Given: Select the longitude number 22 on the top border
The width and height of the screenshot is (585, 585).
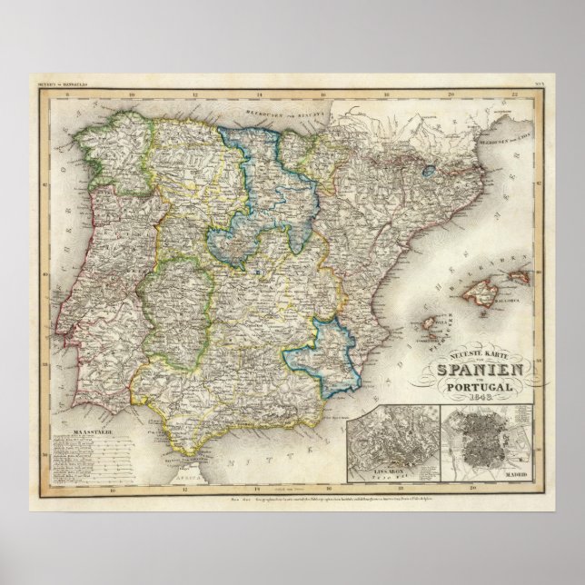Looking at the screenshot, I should point(513,93).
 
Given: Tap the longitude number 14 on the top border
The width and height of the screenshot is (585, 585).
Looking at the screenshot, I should point(261,93).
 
